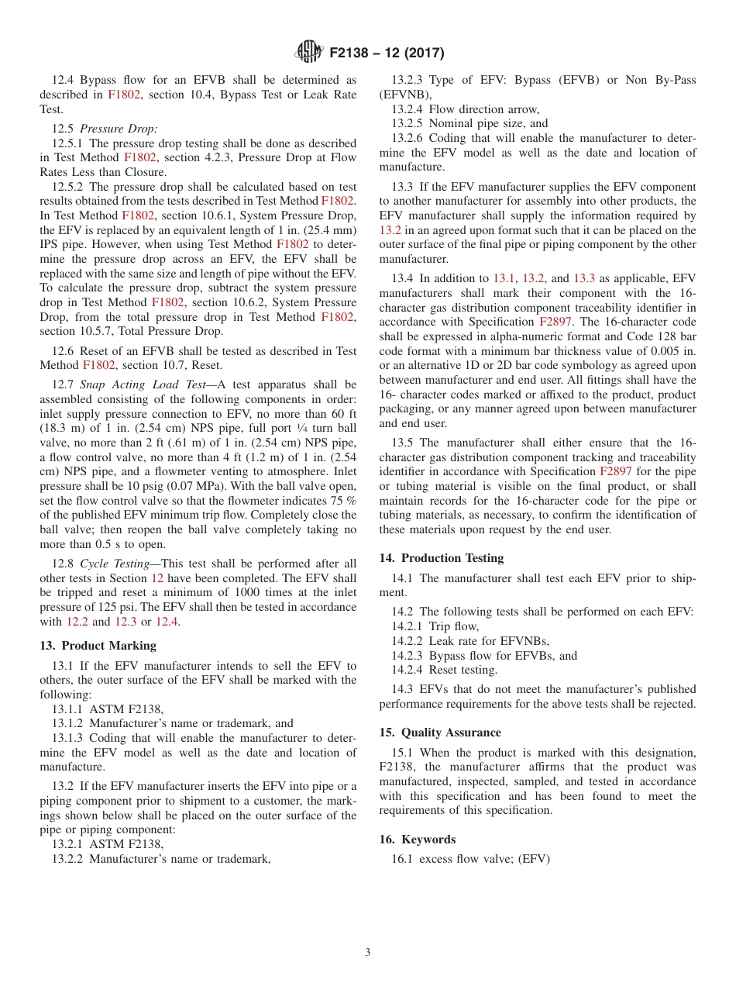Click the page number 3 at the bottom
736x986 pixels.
coord(368,952)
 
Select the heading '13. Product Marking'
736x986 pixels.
coord(98,645)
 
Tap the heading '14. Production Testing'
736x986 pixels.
coord(442,557)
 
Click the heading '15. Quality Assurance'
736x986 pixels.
coord(440,732)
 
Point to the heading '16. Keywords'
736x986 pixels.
coord(418,839)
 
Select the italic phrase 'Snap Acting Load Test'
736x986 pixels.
coord(143,384)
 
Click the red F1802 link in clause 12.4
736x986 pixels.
coord(124,95)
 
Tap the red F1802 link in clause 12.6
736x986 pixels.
coord(99,365)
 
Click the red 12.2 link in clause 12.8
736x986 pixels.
coord(77,622)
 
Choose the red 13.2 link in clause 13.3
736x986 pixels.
coord(390,230)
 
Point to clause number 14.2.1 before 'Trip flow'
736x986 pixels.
coord(407,626)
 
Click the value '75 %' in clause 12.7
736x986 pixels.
coord(343,501)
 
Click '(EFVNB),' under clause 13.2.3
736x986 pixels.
coord(402,95)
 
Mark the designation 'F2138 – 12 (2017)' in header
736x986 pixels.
coord(387,53)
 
